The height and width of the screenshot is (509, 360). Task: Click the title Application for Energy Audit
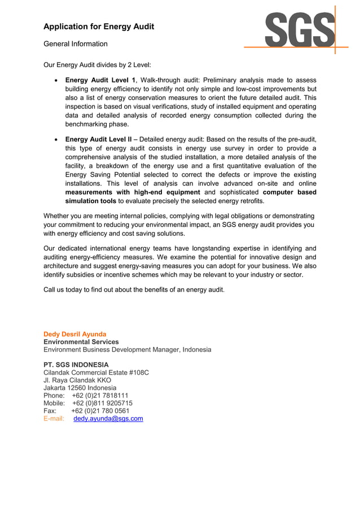click(x=99, y=27)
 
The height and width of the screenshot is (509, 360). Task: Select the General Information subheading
click(x=76, y=43)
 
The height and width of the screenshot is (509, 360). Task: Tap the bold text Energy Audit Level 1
click(x=100, y=80)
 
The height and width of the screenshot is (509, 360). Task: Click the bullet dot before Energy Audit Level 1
click(x=55, y=81)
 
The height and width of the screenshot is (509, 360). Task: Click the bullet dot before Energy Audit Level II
click(x=55, y=139)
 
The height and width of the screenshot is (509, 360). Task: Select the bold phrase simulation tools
click(x=91, y=201)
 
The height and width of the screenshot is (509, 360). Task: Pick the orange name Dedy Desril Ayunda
click(x=75, y=334)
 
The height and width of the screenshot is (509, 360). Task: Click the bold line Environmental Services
click(x=81, y=342)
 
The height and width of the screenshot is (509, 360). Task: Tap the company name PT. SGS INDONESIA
click(x=76, y=365)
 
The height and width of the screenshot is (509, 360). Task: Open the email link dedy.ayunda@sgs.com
click(x=108, y=419)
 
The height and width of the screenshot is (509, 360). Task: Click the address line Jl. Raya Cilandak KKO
click(x=77, y=380)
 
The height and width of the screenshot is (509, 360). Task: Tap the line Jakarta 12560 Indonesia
click(x=80, y=388)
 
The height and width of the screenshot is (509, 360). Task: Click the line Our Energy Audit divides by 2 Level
click(x=98, y=65)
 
